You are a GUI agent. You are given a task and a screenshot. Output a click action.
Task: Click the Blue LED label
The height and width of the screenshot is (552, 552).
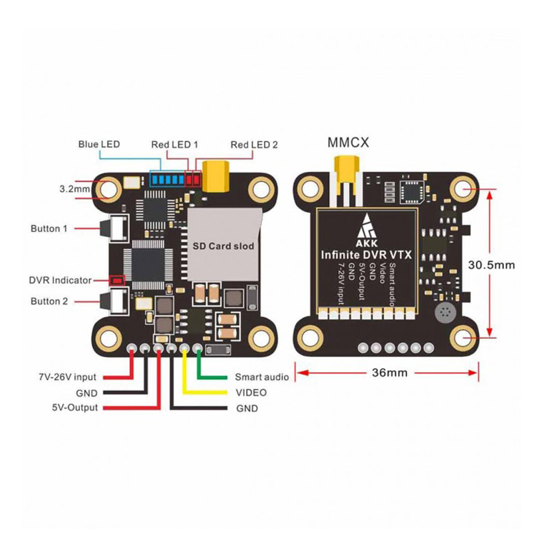point(99,145)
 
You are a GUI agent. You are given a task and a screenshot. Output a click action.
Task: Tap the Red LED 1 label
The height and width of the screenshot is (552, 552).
point(174,145)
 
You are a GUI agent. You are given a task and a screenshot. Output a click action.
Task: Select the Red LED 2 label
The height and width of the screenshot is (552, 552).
point(254,145)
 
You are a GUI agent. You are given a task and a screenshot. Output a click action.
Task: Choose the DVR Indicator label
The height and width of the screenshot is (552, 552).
point(60,280)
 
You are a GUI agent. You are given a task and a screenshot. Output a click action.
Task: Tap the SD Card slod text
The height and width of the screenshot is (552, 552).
point(223,246)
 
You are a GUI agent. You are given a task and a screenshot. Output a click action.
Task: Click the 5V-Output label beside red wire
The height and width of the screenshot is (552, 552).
point(72,408)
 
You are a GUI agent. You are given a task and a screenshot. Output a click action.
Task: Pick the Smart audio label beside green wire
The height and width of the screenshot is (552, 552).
point(262,378)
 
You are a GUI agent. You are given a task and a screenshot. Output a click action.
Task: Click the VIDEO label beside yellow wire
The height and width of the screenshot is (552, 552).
point(251,393)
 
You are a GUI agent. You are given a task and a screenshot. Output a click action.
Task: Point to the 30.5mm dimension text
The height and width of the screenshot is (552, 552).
point(491,264)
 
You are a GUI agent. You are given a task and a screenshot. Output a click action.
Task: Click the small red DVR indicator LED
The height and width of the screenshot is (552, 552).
point(116,280)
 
